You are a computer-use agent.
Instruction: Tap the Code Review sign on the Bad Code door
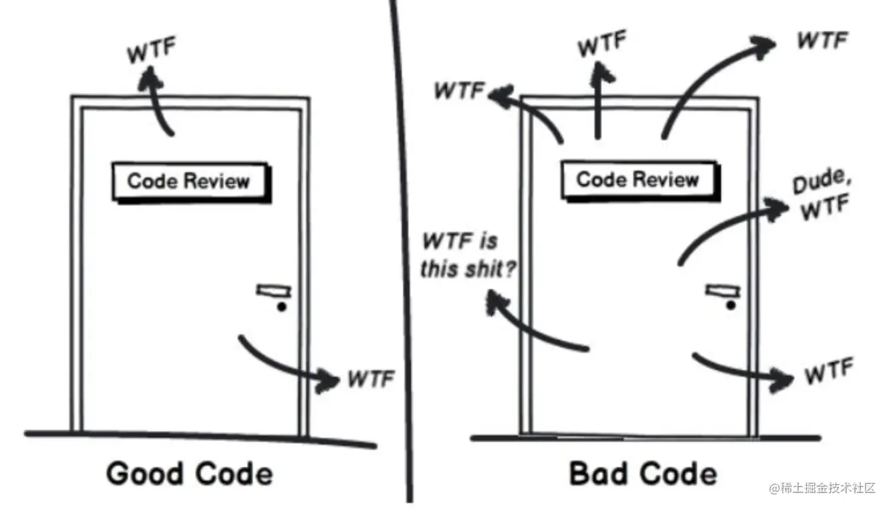(x=637, y=179)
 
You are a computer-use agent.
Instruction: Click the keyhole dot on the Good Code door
(x=281, y=307)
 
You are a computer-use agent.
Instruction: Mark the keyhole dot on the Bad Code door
(x=731, y=305)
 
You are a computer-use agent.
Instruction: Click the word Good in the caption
(x=145, y=474)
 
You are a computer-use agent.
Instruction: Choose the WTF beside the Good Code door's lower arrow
(x=371, y=379)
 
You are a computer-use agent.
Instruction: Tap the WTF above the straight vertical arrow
(x=601, y=45)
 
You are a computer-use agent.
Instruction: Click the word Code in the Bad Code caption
(x=680, y=474)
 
